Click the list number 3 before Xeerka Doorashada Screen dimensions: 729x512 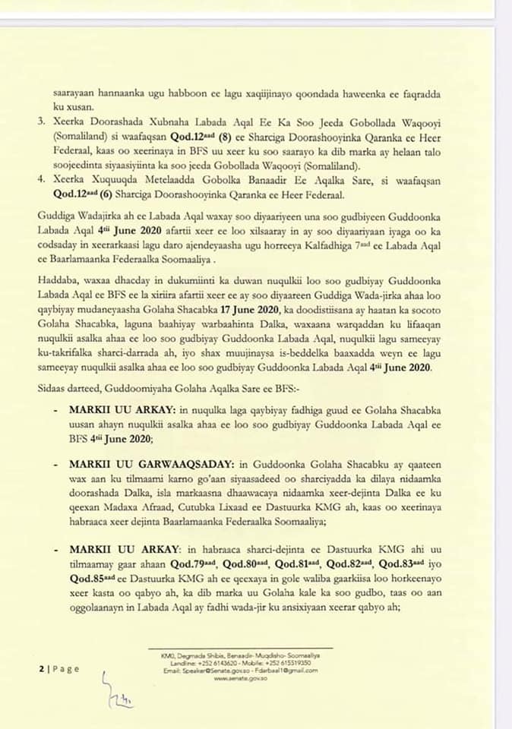[x=41, y=121]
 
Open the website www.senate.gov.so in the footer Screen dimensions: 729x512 [x=235, y=677]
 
